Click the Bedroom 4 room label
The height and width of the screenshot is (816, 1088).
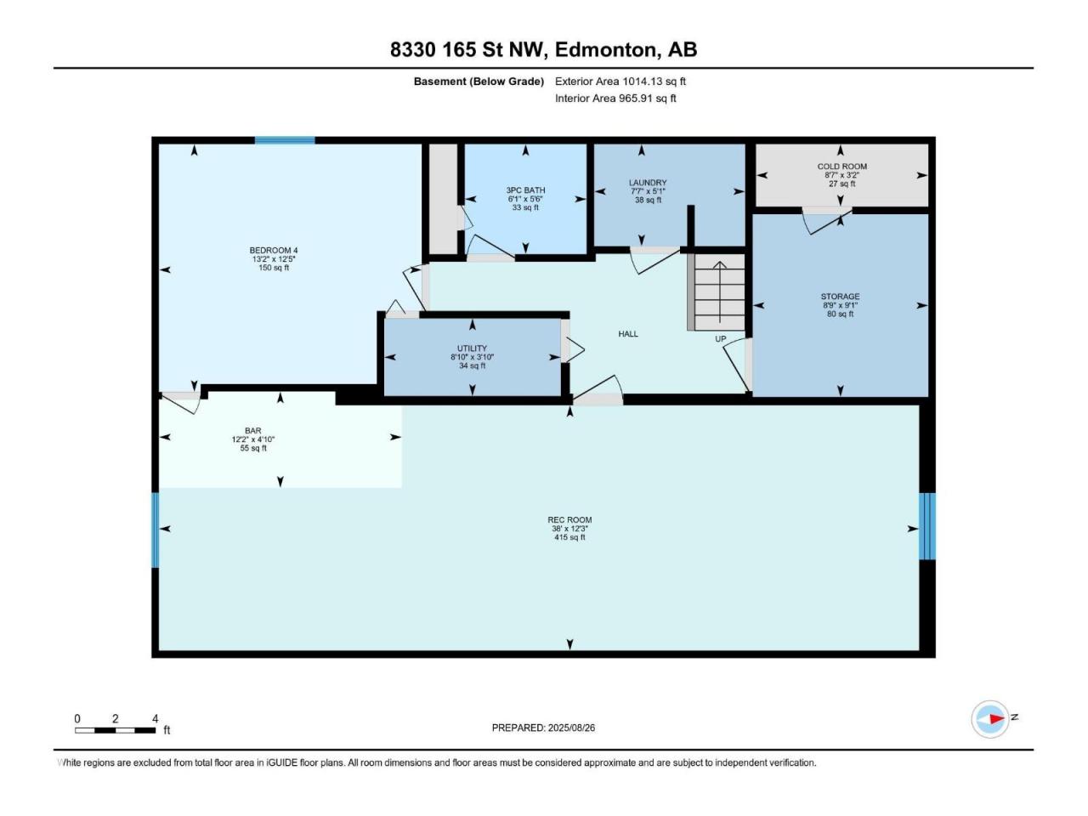click(x=273, y=250)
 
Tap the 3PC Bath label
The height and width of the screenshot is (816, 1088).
click(x=525, y=190)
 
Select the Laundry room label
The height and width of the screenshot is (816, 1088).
click(x=648, y=182)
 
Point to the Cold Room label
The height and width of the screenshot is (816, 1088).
click(x=841, y=167)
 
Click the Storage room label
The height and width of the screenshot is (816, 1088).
click(x=840, y=297)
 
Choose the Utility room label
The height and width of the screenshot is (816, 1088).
click(x=472, y=348)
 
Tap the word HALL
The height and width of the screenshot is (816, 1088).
click(x=628, y=334)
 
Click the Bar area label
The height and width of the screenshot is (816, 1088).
click(x=252, y=431)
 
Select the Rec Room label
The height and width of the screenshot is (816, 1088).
click(x=569, y=519)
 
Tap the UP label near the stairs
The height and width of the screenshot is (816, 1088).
click(x=720, y=339)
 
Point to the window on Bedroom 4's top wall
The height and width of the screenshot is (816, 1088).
click(x=285, y=140)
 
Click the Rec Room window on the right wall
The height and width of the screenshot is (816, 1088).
click(x=926, y=526)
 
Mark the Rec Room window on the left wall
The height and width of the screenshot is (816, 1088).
click(x=156, y=530)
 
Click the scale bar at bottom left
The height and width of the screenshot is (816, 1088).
click(x=115, y=730)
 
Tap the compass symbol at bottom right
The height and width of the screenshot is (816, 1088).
click(x=990, y=719)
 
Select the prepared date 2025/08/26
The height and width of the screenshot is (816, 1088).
click(x=571, y=728)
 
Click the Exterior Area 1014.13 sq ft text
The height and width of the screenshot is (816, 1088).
click(x=620, y=82)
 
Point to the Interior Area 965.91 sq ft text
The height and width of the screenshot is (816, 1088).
click(x=615, y=98)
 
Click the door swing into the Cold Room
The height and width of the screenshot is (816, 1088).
click(x=827, y=221)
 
